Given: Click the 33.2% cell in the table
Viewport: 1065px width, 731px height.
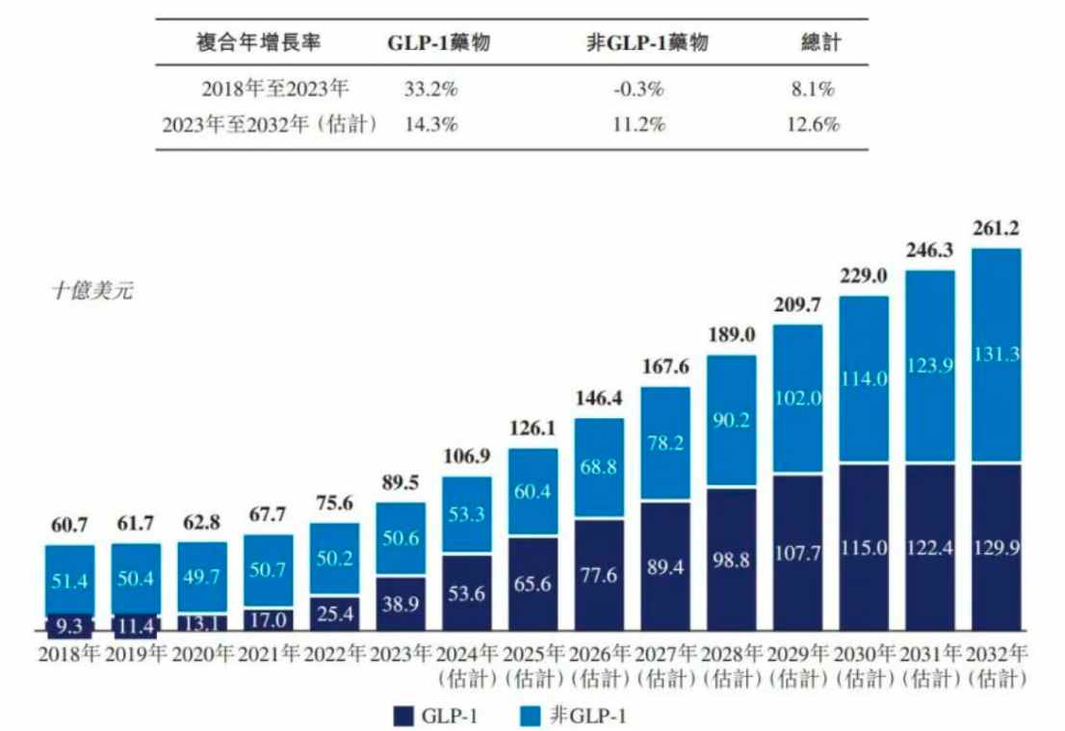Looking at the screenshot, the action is pyautogui.click(x=430, y=89).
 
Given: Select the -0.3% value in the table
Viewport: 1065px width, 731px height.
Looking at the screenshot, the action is pyautogui.click(x=637, y=89).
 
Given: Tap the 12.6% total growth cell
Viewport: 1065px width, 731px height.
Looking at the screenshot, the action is pyautogui.click(x=813, y=124).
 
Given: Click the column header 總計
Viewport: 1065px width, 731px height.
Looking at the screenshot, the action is pyautogui.click(x=820, y=42).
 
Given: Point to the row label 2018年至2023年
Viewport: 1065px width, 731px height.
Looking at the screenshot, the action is pyautogui.click(x=275, y=89).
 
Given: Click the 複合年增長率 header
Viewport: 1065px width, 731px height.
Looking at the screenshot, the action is pyautogui.click(x=258, y=42).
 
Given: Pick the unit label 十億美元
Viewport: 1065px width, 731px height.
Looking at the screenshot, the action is pyautogui.click(x=92, y=291).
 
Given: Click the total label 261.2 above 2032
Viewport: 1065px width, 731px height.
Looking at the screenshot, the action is pyautogui.click(x=996, y=228).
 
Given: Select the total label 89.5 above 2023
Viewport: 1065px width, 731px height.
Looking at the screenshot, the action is pyautogui.click(x=400, y=483).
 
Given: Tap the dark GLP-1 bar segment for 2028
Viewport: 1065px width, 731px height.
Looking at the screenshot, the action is pyautogui.click(x=732, y=560).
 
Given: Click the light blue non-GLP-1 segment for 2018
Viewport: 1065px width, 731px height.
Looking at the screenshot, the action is pyautogui.click(x=70, y=580).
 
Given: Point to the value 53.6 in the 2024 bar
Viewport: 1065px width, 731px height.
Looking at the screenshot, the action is pyautogui.click(x=466, y=594).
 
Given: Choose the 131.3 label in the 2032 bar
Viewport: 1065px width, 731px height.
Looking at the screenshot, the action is pyautogui.click(x=997, y=354).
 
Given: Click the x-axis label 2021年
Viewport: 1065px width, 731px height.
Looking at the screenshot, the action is pyautogui.click(x=269, y=654).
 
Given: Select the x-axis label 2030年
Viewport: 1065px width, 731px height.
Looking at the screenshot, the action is pyautogui.click(x=864, y=654).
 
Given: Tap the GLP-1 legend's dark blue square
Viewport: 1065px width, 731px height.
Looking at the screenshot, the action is pyautogui.click(x=403, y=716).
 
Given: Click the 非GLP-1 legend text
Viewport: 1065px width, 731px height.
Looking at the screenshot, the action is pyautogui.click(x=588, y=716).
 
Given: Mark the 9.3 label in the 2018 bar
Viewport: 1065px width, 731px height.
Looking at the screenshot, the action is pyautogui.click(x=69, y=626).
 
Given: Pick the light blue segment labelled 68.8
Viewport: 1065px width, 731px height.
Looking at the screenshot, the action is pyautogui.click(x=599, y=467).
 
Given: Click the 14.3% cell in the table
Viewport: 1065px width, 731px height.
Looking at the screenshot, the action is pyautogui.click(x=430, y=124).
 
